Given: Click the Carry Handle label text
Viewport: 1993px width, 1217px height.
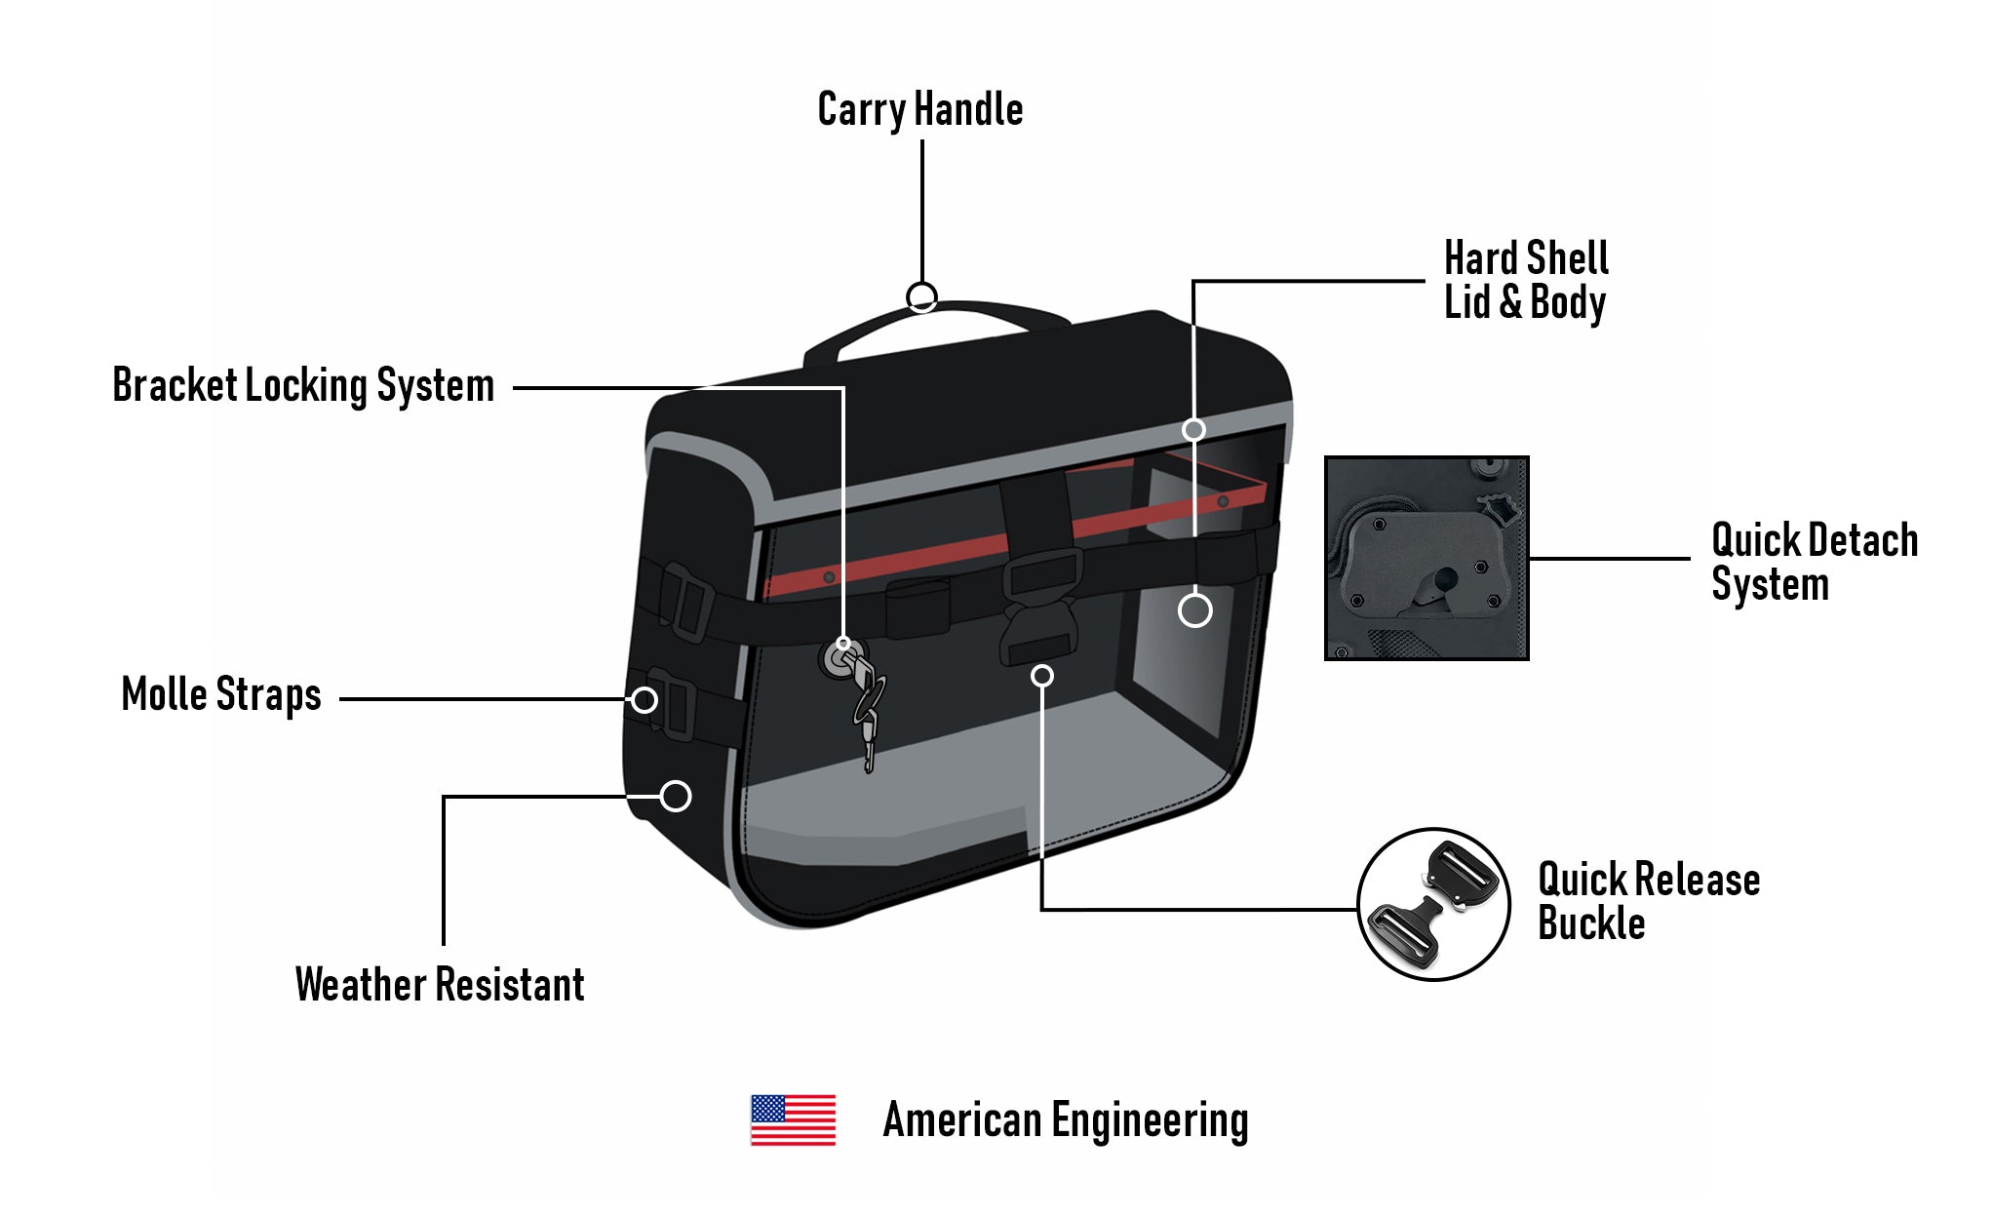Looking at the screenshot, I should coord(919,109).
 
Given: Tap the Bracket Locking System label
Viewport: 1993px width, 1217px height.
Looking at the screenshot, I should coord(303,385).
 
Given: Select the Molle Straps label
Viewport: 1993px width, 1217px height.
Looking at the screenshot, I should coord(221,694).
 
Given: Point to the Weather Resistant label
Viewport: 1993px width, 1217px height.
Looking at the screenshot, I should coord(440,984).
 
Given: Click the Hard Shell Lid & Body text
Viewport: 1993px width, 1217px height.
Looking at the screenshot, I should coord(1525,280).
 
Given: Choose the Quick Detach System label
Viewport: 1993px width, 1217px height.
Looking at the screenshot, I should coord(1814,562).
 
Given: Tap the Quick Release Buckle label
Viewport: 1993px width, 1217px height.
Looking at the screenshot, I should coord(1648,901).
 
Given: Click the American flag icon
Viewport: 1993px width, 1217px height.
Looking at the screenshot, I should coord(793,1119).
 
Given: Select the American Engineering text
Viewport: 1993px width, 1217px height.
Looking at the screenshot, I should coord(1065,1119).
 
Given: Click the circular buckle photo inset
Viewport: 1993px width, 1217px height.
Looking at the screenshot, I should coord(1432,905).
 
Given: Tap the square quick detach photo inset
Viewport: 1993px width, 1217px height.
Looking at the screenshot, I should coord(1426,558).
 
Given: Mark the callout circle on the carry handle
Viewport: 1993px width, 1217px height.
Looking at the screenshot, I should coord(921,296).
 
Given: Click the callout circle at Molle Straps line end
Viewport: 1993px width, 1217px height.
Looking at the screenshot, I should coord(644,699).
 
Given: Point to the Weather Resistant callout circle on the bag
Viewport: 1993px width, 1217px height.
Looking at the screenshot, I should coord(676,796).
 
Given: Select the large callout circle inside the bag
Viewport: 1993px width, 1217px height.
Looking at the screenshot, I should coord(1194,610).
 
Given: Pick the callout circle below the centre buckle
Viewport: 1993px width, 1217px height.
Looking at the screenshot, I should coord(1041,676).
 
